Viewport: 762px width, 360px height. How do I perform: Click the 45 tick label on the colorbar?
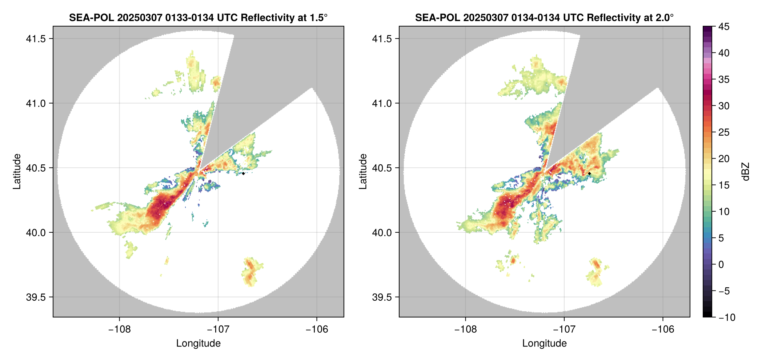coord(723,27)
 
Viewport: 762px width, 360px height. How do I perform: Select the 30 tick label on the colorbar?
coord(723,106)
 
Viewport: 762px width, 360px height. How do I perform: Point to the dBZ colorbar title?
coord(746,172)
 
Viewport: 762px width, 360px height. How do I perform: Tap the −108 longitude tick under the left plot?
coord(119,329)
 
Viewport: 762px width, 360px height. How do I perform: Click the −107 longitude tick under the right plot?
coord(564,329)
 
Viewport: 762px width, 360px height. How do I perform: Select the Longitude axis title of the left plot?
coord(198,343)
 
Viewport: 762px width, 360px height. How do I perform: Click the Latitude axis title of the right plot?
coord(363,172)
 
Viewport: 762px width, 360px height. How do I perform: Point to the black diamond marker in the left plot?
coord(243,173)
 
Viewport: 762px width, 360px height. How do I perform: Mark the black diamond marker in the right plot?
coord(589,173)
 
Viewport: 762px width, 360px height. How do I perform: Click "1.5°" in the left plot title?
coord(318,17)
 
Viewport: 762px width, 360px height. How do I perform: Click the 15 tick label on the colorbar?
coord(723,185)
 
